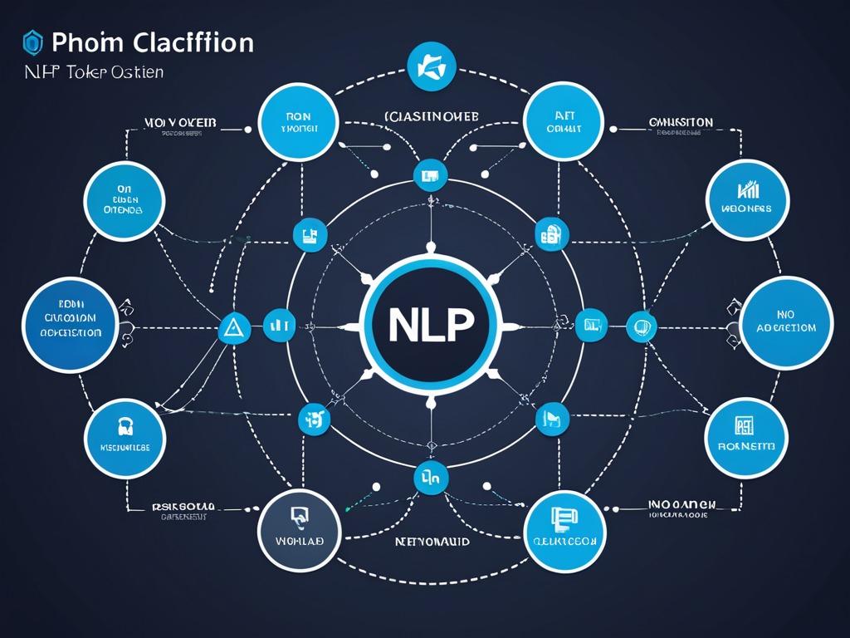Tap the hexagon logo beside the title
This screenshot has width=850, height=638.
pos(32,42)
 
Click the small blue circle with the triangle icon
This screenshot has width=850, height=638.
pos(233,328)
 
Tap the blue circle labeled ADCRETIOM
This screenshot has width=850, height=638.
pos(785,323)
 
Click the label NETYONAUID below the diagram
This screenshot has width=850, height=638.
pos(432,541)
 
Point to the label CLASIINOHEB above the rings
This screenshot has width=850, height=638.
pos(431,117)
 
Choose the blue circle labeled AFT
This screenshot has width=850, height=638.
pos(564,121)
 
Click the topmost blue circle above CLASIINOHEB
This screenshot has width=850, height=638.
pos(432,66)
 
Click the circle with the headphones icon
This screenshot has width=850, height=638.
pos(125,437)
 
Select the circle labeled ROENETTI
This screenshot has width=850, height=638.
pos(745,437)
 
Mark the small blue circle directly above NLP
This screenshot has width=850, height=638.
pos(430,175)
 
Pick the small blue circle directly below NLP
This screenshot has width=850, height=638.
pos(431,478)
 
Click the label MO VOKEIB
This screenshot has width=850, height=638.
pos(180,122)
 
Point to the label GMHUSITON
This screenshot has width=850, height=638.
pos(680,122)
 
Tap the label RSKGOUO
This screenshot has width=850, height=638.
pos(185,505)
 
